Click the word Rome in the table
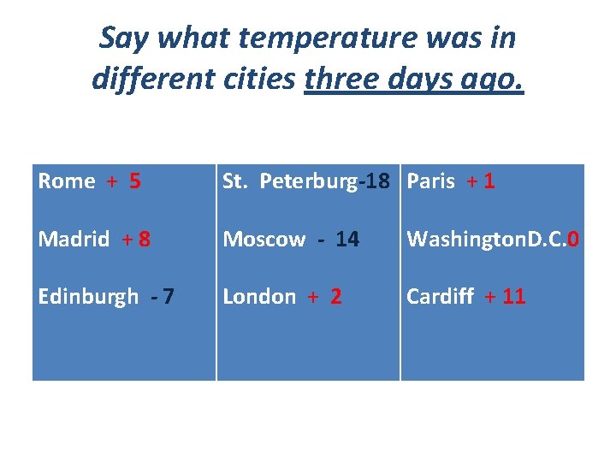tap(66, 181)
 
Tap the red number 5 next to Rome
tap(135, 181)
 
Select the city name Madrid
tap(74, 240)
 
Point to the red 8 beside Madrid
tap(145, 240)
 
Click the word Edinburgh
tap(88, 297)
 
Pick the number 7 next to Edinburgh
tap(169, 297)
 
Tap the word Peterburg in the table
tap(307, 181)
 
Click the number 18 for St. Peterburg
tap(378, 181)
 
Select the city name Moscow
tap(264, 240)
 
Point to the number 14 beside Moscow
tap(347, 240)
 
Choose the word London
tap(259, 297)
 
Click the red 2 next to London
tap(336, 297)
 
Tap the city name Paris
tap(430, 181)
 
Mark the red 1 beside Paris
tap(489, 181)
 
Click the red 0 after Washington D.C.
tap(573, 240)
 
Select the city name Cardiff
tap(440, 297)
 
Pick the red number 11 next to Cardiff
tap(514, 297)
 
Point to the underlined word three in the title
tap(341, 79)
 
